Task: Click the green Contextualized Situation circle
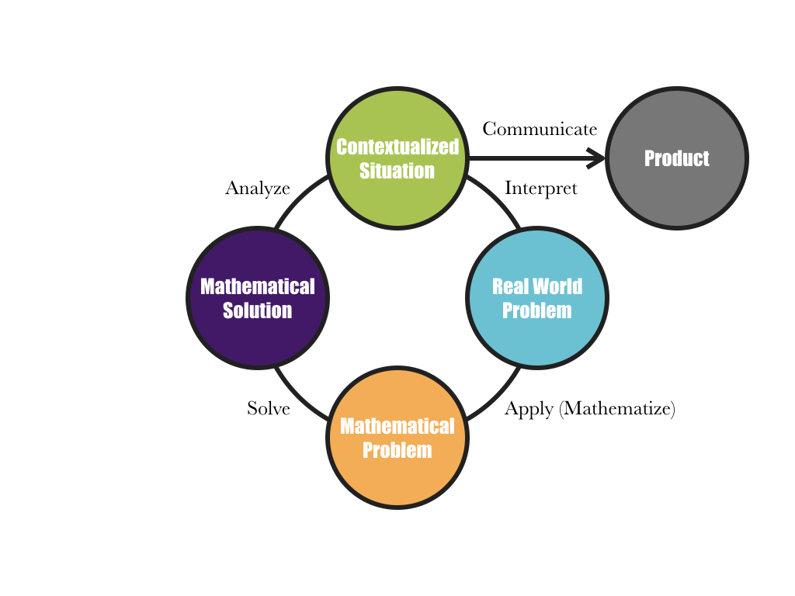(397, 194)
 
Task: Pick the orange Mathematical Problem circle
(397, 473)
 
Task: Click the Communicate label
(540, 129)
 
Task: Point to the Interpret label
(540, 189)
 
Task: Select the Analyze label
(258, 189)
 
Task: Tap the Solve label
(269, 408)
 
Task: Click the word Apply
(529, 410)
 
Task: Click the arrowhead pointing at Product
(596, 158)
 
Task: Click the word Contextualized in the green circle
(397, 147)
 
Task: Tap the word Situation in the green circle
(397, 171)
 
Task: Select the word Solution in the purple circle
(258, 310)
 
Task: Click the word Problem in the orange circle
(397, 450)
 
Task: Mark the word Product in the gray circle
(676, 158)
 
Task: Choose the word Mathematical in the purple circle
(258, 286)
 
